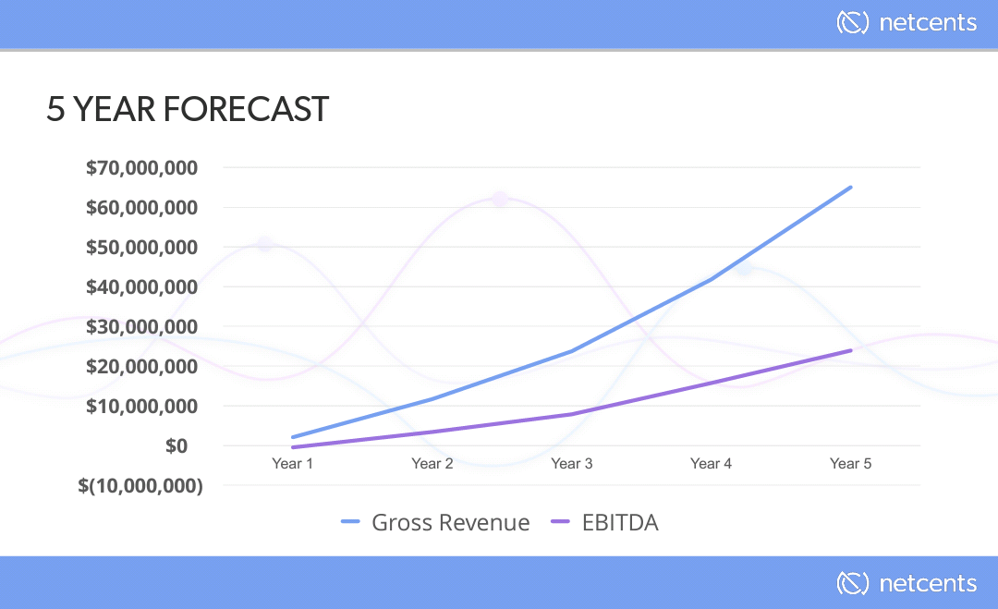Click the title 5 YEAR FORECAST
click(188, 109)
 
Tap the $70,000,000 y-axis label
click(142, 168)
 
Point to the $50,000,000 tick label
click(142, 248)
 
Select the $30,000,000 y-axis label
click(142, 326)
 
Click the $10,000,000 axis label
click(142, 406)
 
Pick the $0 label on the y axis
click(176, 445)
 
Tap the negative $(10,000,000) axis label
click(140, 485)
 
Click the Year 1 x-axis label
click(292, 463)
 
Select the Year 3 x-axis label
click(572, 463)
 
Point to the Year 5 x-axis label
click(850, 463)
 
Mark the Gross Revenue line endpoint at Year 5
click(850, 187)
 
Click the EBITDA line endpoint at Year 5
click(850, 350)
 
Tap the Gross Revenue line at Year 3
click(572, 351)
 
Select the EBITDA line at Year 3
click(572, 414)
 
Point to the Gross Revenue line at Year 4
click(711, 278)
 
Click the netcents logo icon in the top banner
click(852, 22)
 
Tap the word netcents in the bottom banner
click(928, 583)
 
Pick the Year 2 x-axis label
click(432, 463)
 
